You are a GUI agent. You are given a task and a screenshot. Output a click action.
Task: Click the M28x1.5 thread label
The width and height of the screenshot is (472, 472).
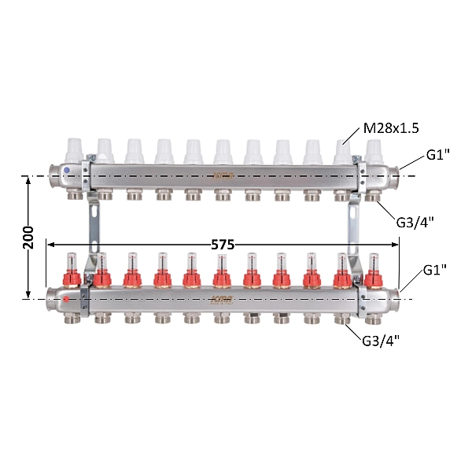coord(391,128)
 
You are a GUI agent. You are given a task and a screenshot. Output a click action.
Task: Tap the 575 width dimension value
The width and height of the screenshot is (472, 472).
coord(223,245)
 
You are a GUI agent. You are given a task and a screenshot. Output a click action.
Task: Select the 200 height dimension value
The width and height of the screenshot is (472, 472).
coord(29,238)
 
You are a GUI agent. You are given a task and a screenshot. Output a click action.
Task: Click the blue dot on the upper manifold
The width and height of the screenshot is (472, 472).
coord(67,171)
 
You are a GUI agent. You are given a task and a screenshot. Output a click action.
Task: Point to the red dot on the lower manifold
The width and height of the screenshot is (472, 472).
coord(66,299)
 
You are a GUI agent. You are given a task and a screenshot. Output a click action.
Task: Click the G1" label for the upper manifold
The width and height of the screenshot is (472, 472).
coord(437,155)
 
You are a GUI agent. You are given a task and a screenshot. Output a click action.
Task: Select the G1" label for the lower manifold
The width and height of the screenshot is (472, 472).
coord(435,270)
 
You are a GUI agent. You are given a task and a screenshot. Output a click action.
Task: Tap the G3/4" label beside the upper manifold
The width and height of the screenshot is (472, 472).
coord(415,223)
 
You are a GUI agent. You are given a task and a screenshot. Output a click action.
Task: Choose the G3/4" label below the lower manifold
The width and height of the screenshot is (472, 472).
coord(381,341)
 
